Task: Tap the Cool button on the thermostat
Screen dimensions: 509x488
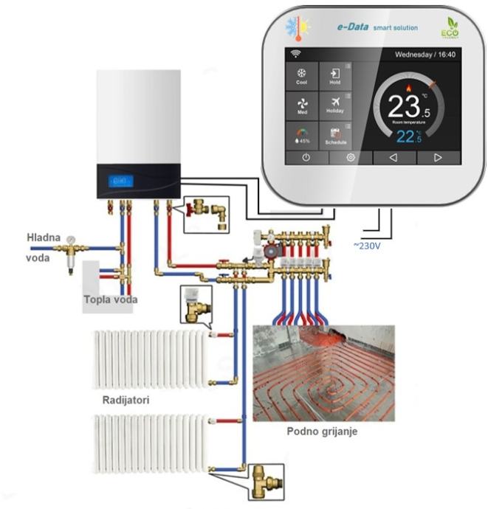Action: click(x=301, y=77)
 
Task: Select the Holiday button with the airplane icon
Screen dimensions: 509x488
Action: click(x=335, y=105)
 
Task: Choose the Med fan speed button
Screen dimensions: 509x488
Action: click(x=301, y=105)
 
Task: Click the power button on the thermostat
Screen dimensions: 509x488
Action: click(x=305, y=157)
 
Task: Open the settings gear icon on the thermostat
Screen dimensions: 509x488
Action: click(x=351, y=157)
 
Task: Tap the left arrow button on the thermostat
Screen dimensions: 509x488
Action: click(x=393, y=157)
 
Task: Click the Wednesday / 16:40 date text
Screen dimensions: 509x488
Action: click(x=425, y=55)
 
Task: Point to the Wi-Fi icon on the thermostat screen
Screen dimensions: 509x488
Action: click(x=296, y=54)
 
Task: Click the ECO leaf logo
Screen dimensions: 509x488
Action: click(x=450, y=28)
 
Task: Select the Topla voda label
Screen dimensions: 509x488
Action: click(x=110, y=299)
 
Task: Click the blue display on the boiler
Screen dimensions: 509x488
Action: click(x=120, y=180)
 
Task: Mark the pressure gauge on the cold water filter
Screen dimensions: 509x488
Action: click(x=70, y=240)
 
